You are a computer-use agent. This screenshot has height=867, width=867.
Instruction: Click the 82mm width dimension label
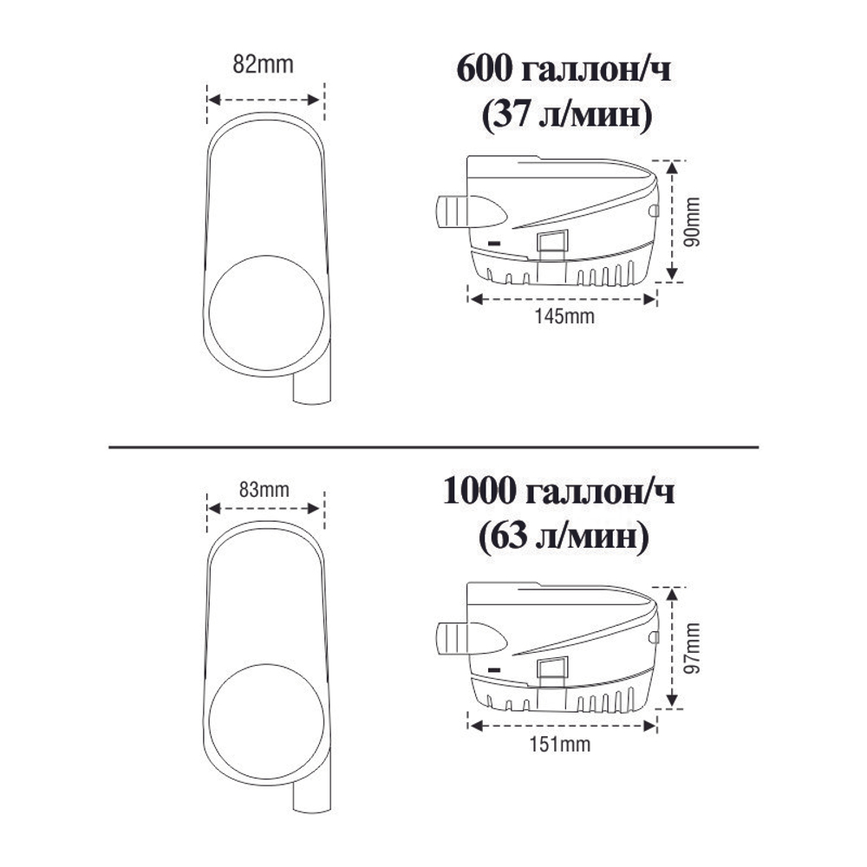[x=264, y=65]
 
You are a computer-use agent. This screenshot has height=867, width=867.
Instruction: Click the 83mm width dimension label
[x=264, y=490]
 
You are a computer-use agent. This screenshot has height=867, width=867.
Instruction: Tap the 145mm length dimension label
[x=562, y=316]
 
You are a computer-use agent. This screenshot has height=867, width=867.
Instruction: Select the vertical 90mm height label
[x=692, y=221]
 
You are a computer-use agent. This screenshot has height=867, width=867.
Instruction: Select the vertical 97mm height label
[x=692, y=647]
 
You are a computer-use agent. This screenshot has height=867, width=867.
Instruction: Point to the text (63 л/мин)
[x=564, y=539]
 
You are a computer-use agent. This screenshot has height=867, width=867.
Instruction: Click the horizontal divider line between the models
[x=433, y=447]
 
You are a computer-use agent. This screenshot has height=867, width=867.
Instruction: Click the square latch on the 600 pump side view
[x=551, y=244]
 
